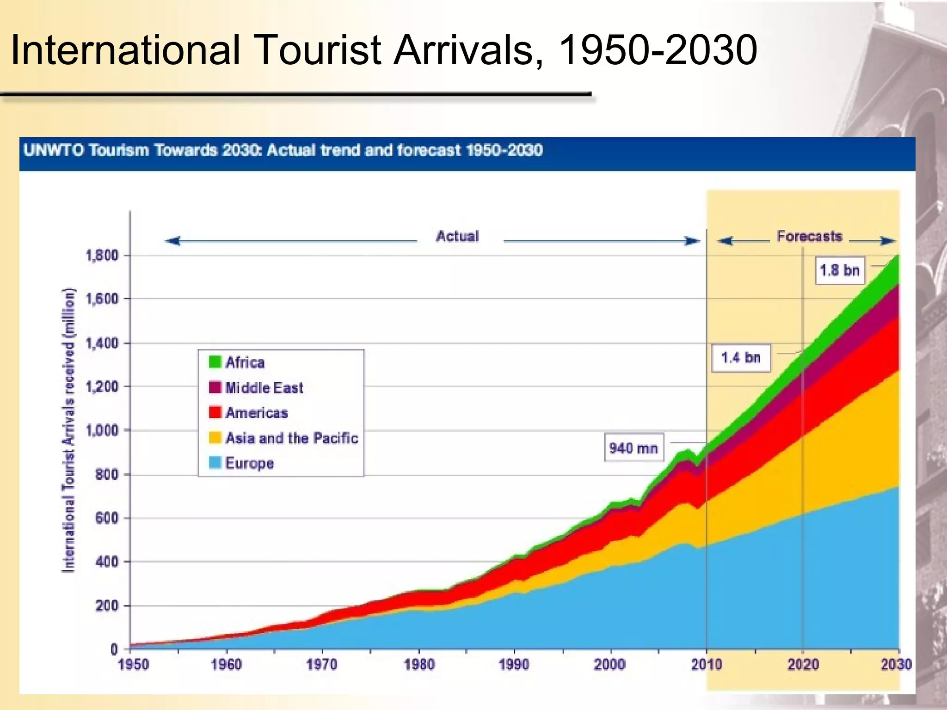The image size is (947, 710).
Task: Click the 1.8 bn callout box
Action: click(x=839, y=270)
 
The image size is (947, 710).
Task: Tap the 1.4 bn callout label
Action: click(x=740, y=358)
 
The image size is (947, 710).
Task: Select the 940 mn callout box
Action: click(x=633, y=448)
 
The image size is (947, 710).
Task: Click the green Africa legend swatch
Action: click(x=215, y=362)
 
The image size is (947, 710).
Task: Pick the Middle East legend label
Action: click(x=264, y=387)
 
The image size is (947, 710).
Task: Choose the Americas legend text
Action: click(x=257, y=413)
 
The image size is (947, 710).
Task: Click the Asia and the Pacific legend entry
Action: click(x=291, y=438)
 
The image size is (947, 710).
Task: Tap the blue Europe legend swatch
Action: click(x=215, y=463)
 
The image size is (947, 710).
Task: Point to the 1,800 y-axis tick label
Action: click(x=102, y=255)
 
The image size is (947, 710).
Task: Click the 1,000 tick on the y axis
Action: click(x=102, y=430)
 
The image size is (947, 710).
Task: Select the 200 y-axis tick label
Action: click(x=107, y=606)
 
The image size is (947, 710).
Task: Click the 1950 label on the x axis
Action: click(x=133, y=665)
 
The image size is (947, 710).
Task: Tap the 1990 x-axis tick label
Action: click(x=514, y=665)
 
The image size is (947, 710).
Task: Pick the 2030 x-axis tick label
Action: click(x=896, y=665)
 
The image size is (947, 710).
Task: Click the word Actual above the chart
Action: click(x=457, y=237)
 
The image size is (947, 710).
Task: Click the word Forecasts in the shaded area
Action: click(x=810, y=237)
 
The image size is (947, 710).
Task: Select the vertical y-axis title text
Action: click(x=68, y=430)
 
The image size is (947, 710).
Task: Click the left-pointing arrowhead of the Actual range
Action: click(x=172, y=241)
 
